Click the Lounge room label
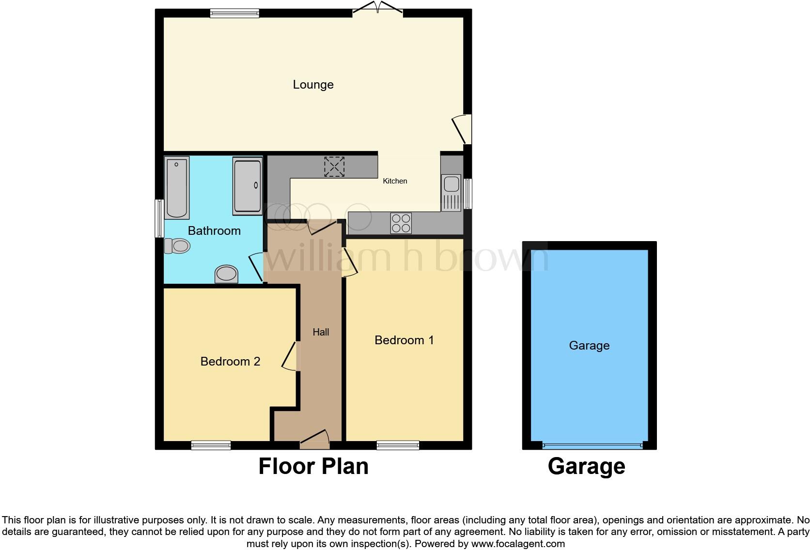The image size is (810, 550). tap(313, 85)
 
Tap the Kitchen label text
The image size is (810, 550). tap(395, 181)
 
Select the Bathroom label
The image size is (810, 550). tap(214, 231)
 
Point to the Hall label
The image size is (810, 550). tap(321, 332)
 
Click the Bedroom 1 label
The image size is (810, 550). tap(404, 340)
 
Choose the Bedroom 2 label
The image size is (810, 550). tap(230, 362)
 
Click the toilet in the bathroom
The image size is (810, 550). tap(177, 246)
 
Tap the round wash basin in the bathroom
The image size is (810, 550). tap(227, 274)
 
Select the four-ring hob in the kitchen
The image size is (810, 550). tap(401, 223)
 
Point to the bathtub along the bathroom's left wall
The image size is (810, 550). tap(176, 187)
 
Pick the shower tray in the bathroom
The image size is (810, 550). tap(248, 185)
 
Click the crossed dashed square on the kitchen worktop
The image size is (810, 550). tap(334, 167)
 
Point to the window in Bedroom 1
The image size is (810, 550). tap(398, 445)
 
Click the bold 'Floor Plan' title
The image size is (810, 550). tap(313, 466)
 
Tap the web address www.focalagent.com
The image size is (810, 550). tap(517, 544)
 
